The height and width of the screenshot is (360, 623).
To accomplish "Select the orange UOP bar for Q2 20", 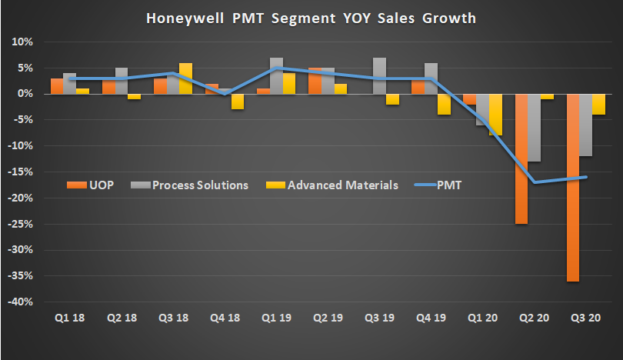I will click(521, 158).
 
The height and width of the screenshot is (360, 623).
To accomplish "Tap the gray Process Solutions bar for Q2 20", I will click(534, 128).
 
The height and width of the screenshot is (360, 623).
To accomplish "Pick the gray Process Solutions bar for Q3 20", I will click(585, 125).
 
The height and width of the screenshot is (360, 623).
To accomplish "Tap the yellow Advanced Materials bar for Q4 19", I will click(444, 104).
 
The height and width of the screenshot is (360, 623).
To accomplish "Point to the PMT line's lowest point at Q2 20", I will click(534, 182).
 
